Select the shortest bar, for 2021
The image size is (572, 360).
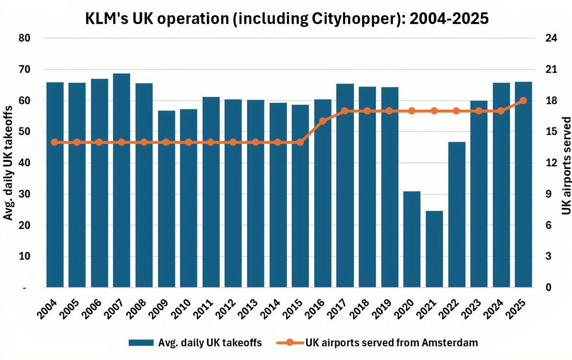coord(435,249)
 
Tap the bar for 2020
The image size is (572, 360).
coord(412,239)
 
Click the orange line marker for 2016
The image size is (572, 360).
coord(322,121)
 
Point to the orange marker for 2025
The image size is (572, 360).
coord(523,100)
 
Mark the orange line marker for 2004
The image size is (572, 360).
coord(54,142)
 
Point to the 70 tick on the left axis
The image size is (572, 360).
coord(24,69)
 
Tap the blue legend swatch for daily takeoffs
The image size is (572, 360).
coord(140,343)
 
